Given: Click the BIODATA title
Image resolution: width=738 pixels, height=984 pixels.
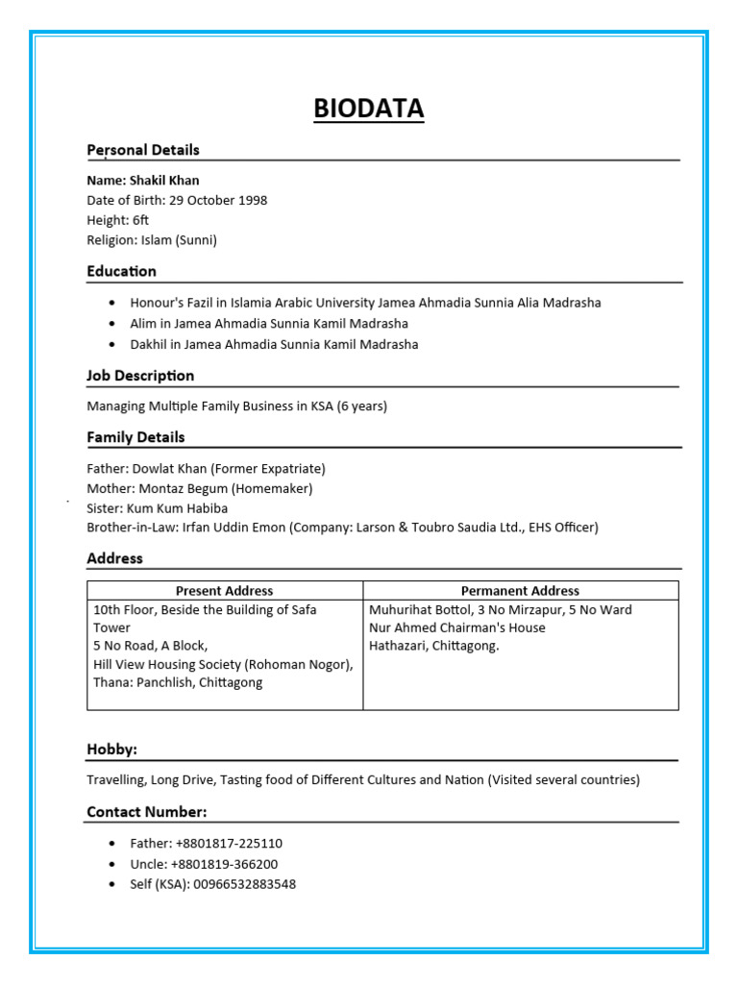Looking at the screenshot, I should point(368,109).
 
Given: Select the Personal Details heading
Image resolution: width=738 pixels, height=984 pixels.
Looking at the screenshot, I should point(143,150).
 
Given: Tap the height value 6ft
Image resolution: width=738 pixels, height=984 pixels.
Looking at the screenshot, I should point(140,220).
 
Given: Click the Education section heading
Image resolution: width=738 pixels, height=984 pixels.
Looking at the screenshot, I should point(121,271).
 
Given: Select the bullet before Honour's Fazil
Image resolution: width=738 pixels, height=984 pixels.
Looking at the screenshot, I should point(112,303).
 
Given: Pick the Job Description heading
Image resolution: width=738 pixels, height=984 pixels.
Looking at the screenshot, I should point(140,376).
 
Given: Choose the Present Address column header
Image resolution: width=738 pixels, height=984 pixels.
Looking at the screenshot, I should point(224,591).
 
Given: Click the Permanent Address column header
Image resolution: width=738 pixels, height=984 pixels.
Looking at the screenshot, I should point(520,591).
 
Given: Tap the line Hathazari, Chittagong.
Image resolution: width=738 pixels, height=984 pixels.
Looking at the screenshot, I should point(434,646).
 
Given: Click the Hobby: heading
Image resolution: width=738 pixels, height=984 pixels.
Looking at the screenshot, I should point(111,750).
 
